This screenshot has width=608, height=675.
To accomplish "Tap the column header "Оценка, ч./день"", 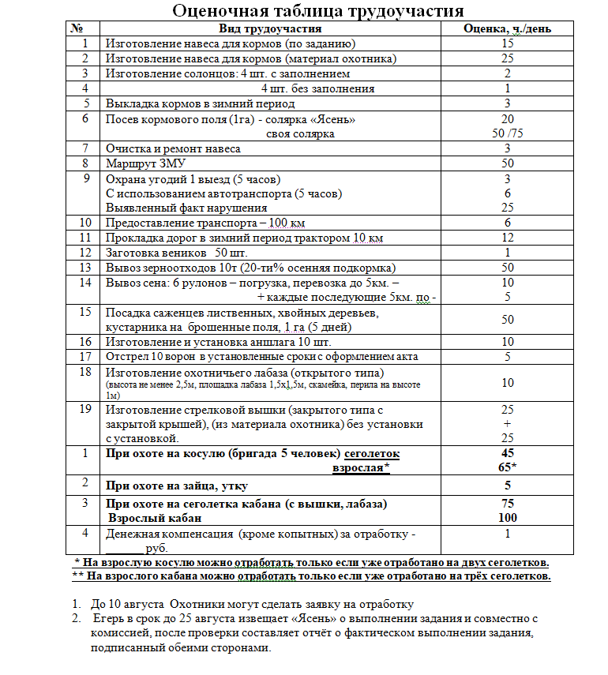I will (507, 28).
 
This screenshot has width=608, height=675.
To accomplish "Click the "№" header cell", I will (77, 28).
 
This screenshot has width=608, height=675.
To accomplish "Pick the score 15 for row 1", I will (507, 43).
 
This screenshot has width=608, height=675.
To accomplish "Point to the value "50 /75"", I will (507, 133).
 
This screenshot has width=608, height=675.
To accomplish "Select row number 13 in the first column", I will (85, 268).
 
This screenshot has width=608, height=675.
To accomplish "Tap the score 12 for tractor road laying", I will (507, 238).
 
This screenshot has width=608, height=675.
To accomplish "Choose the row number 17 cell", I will (85, 356).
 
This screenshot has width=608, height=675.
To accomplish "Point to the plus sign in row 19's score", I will (507, 423).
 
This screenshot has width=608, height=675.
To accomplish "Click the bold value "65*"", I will (507, 467).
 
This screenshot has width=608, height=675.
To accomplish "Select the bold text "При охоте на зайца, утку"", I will (182, 486).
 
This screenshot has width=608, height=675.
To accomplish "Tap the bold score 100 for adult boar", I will (507, 518).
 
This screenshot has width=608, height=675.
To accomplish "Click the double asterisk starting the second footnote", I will (77, 576).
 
